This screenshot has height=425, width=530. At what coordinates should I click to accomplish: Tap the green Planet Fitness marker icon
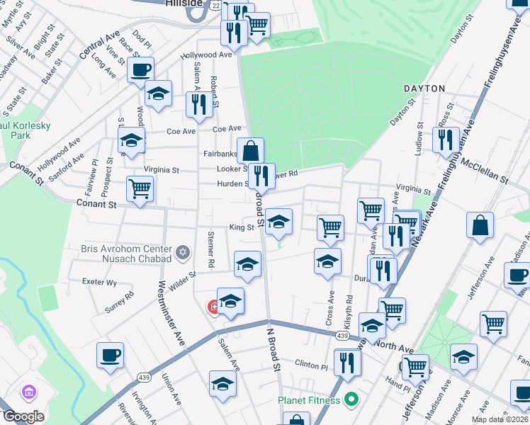click(x=349, y=400)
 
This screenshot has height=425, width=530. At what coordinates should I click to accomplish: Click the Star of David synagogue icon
click(x=183, y=252)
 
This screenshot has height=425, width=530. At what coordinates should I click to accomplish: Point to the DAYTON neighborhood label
click(x=424, y=89)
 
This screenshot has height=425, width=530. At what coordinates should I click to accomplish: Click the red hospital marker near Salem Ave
click(x=212, y=307)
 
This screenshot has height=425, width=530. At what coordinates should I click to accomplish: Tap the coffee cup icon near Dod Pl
click(x=140, y=70)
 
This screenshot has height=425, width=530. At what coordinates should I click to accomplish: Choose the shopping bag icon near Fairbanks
click(x=250, y=150)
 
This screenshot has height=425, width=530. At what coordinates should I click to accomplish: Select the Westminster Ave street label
click(x=171, y=312)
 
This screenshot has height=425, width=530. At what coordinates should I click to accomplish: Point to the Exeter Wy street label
click(x=99, y=282)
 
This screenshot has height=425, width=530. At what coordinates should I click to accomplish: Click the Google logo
click(x=23, y=416)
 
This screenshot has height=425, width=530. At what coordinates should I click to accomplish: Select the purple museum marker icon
click(x=29, y=392)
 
